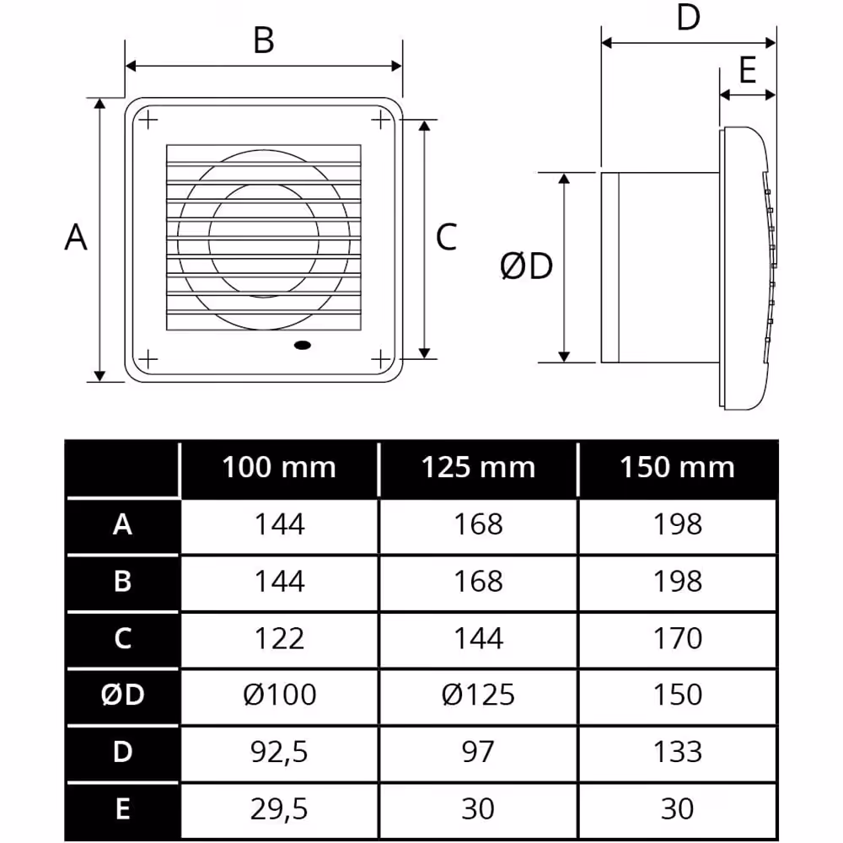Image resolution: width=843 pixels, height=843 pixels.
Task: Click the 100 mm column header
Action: tap(279, 467)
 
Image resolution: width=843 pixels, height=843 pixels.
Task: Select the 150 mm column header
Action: tap(678, 467)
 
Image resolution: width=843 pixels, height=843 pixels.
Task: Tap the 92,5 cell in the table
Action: tap(279, 752)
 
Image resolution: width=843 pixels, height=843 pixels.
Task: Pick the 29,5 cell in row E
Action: tap(279, 809)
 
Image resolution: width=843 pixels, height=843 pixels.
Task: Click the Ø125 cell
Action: tap(478, 695)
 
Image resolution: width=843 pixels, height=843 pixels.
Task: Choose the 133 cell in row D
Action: tap(678, 752)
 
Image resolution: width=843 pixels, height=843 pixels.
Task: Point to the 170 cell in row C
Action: tap(678, 638)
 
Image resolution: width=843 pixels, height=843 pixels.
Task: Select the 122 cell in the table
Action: tap(279, 638)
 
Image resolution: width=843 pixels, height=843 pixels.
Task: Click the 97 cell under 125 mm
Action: tap(477, 752)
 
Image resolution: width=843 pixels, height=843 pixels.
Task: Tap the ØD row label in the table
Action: tap(122, 695)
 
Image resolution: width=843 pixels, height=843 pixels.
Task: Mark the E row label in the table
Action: tap(122, 808)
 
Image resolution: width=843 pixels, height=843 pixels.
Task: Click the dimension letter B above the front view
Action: tap(263, 40)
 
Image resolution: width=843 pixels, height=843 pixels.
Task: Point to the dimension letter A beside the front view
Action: tap(75, 237)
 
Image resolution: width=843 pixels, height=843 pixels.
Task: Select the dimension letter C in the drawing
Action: tap(446, 237)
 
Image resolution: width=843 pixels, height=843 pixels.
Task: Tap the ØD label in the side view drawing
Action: tap(526, 266)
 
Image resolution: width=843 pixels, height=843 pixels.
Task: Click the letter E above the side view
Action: tap(748, 70)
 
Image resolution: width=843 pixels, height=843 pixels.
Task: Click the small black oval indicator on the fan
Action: tap(303, 345)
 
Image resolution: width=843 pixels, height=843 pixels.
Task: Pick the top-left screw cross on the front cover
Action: tap(148, 120)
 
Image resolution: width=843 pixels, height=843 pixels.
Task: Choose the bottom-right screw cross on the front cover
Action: tap(381, 358)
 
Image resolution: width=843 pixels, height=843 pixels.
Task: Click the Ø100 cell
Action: tap(279, 695)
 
